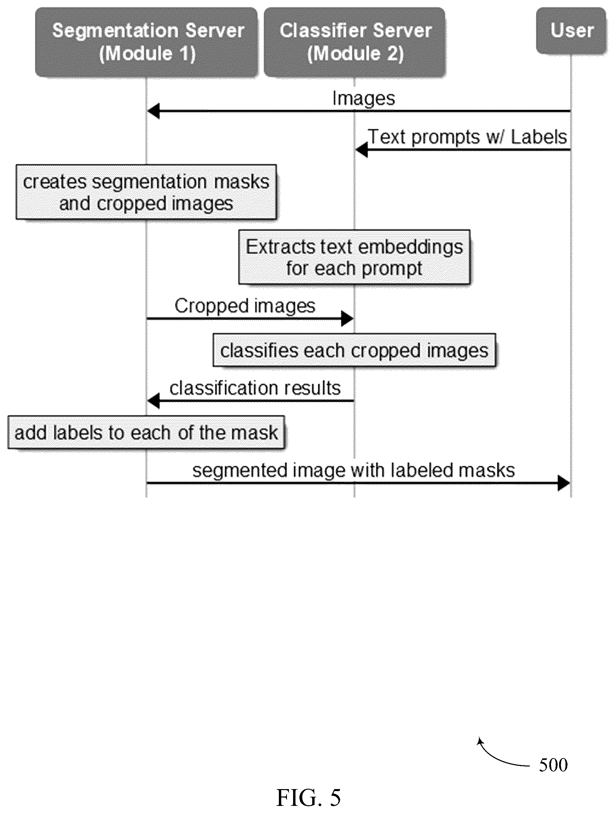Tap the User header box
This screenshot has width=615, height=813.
pos(571,31)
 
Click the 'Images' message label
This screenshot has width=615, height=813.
pos(364,99)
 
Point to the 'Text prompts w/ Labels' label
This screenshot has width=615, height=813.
pos(467,137)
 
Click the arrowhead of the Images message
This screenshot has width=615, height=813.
pos(154,111)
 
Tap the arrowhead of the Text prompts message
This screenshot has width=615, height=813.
pos(361,150)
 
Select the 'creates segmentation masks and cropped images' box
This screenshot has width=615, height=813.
pos(146,192)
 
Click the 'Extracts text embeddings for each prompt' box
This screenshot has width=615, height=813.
pos(355,257)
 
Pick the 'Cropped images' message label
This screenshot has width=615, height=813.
pos(245,306)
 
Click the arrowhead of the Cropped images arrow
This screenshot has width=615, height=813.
pos(347,318)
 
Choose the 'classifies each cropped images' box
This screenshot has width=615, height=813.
pos(355,350)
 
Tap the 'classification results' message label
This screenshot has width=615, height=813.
pos(255,388)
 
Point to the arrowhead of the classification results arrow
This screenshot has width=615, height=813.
pos(154,401)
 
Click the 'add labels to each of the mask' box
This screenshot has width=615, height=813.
pos(146,432)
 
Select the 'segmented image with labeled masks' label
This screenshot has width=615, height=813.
pos(353,470)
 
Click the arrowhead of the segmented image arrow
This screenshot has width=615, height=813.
pos(564,483)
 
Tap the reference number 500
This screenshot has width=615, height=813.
pos(553,765)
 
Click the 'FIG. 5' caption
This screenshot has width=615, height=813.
pos(309,798)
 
